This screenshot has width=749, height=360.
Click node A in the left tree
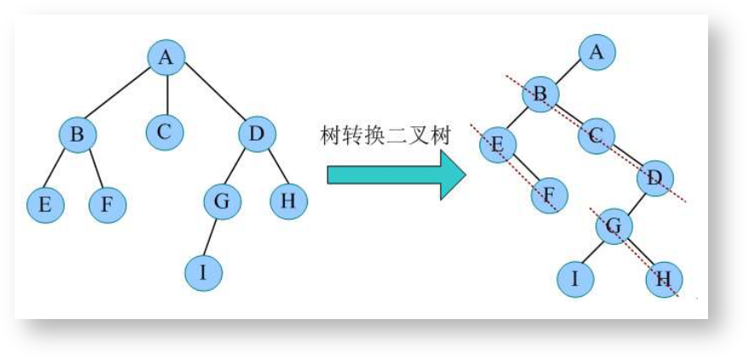click(166, 57)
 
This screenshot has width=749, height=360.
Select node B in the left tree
click(78, 134)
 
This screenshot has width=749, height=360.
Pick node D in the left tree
click(255, 134)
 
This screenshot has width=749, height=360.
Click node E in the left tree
click(44, 205)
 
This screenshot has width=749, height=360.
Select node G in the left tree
click(222, 202)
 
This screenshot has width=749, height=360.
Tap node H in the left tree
click(288, 200)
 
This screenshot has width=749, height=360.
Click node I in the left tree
click(203, 273)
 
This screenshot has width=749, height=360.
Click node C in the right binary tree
click(596, 134)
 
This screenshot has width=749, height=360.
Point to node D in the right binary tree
click(654, 177)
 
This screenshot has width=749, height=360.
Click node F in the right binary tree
click(549, 195)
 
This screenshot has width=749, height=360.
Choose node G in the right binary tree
click(613, 228)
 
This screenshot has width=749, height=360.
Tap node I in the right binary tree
click(576, 278)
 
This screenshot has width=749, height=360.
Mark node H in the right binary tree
click(665, 278)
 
